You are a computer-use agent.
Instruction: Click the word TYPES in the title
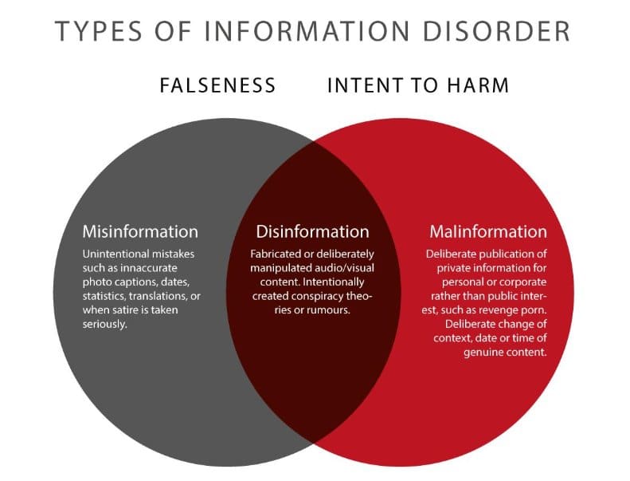[x=98, y=31]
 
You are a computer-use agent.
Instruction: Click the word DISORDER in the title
[x=497, y=31]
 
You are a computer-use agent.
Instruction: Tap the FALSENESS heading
[x=217, y=85]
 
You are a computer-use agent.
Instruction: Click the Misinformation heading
[x=140, y=231]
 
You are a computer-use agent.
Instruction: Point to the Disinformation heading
[x=312, y=231]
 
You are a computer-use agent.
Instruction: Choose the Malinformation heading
[x=488, y=231]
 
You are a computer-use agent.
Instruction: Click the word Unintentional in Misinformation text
[x=110, y=254]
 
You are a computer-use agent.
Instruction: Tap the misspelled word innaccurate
[x=148, y=268]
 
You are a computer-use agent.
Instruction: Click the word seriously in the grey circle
[x=105, y=325]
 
